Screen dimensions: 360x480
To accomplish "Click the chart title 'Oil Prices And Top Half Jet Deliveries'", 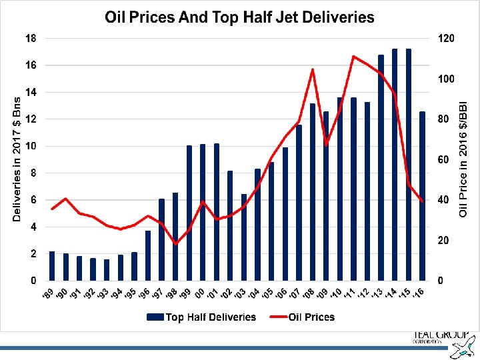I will (240, 17).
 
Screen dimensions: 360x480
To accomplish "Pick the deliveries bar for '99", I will (189, 213).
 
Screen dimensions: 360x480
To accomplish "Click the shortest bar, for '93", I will (107, 270).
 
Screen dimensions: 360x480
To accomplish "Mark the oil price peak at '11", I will (353, 57).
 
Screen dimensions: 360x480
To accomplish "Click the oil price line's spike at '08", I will (312, 69).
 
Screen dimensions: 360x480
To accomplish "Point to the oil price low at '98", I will (175, 244).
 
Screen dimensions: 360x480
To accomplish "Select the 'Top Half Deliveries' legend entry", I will (203, 317).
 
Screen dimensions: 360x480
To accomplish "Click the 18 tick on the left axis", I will (31, 38).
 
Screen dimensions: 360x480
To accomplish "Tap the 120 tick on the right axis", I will (447, 38).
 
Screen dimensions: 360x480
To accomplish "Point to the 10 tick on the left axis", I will (31, 146).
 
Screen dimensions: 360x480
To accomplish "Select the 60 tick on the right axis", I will (445, 160).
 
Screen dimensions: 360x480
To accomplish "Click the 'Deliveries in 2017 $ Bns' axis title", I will (17, 157).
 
